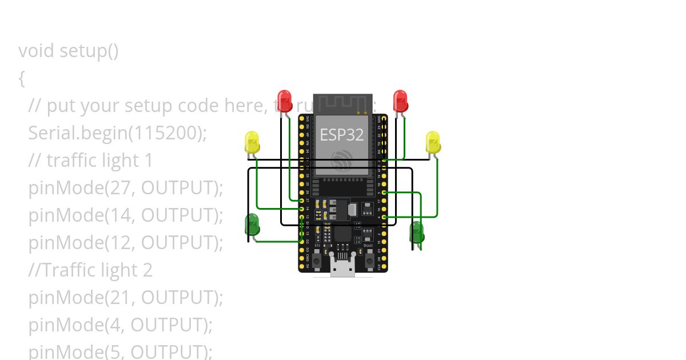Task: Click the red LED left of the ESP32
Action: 284,99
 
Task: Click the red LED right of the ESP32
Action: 400,100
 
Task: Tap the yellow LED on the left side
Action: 252,142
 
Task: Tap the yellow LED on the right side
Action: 433,142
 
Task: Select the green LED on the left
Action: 252,225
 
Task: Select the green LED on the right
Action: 417,231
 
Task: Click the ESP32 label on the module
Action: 342,135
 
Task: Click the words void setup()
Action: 69,51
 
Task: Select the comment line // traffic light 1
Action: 91,161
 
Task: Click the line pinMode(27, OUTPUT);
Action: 125,188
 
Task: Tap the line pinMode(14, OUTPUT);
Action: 125,215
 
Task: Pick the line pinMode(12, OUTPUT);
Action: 125,243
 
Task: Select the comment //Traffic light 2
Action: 90,270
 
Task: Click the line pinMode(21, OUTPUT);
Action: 125,298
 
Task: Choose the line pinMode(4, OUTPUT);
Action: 120,325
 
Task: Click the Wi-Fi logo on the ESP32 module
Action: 342,161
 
